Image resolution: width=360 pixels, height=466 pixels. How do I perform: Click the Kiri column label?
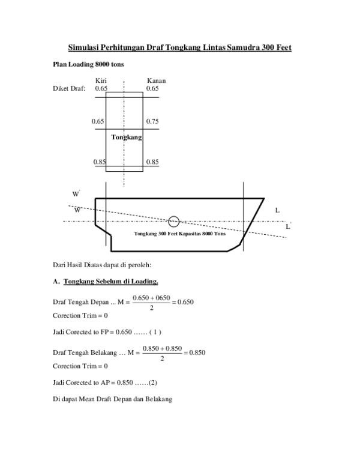(x=101, y=80)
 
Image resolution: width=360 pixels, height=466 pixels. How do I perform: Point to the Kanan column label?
(x=156, y=80)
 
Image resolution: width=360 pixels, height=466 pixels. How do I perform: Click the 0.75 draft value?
(x=152, y=121)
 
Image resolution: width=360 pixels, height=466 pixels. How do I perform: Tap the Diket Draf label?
(x=69, y=89)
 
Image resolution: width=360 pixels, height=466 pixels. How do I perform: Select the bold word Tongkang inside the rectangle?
(x=126, y=138)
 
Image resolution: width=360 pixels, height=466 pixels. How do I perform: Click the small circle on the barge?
(x=174, y=222)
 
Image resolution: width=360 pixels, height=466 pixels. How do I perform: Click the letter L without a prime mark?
(x=277, y=210)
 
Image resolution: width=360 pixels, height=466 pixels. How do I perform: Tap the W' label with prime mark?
(x=76, y=194)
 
